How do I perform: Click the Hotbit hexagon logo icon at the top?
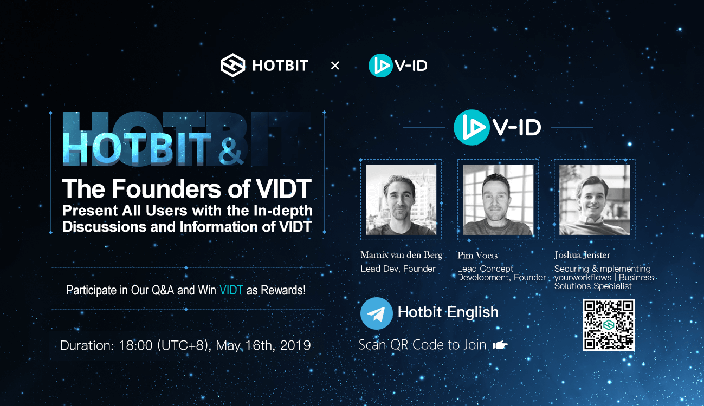[x=232, y=66]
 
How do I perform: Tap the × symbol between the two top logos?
[x=335, y=66]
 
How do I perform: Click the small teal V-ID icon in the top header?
[x=380, y=66]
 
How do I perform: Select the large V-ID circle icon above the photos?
[x=472, y=127]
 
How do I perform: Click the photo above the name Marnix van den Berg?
[x=401, y=200]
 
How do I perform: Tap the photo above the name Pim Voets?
[x=498, y=200]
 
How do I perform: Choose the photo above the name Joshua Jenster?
[x=595, y=200]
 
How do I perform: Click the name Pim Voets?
[x=477, y=256]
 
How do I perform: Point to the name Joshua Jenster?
[x=582, y=255]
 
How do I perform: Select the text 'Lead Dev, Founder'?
[x=398, y=269]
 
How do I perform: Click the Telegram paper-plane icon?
[x=376, y=313]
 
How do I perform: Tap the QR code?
[x=609, y=325]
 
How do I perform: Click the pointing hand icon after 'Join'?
[x=500, y=345]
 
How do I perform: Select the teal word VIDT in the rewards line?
[x=231, y=290]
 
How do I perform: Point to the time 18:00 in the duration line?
[x=135, y=345]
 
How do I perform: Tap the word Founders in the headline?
[x=166, y=189]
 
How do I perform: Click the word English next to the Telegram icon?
[x=473, y=313]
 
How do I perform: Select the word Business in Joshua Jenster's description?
[x=636, y=278]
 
